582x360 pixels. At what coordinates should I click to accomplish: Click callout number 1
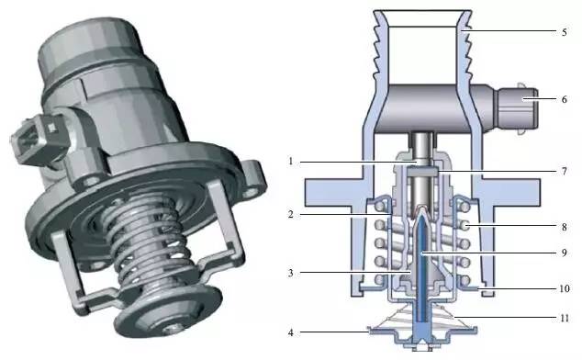(291, 162)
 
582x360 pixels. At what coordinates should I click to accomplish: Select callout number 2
(291, 214)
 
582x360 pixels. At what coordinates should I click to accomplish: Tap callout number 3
(291, 273)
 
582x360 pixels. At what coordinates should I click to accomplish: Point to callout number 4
(291, 332)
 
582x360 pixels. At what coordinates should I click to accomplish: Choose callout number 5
(565, 32)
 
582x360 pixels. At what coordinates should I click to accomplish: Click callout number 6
(565, 99)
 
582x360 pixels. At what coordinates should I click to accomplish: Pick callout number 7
(565, 171)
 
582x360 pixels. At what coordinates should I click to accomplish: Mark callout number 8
(565, 227)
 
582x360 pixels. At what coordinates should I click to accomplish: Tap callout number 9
(565, 253)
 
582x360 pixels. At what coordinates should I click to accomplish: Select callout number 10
(565, 288)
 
